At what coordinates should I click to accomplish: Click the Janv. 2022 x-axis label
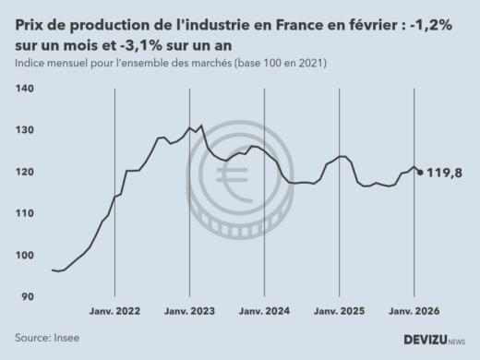pos(114,313)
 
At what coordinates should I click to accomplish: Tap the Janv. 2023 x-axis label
pos(189,313)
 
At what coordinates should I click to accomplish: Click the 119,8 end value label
pos(445,172)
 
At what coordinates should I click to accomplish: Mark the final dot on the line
pos(421,172)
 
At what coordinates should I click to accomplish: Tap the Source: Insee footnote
pos(47,338)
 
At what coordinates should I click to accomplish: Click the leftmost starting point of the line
pos(53,270)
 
